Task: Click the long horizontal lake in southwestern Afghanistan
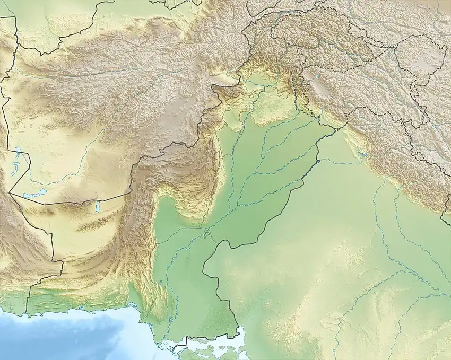34,194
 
